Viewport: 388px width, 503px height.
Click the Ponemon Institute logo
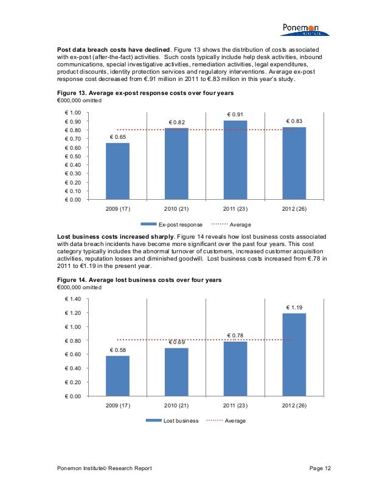click(304, 29)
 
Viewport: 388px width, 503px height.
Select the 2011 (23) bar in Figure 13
click(235, 160)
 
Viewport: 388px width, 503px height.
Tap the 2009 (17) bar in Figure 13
click(117, 171)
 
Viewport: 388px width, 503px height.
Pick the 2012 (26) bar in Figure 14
click(294, 354)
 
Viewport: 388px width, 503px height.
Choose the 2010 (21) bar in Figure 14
click(176, 371)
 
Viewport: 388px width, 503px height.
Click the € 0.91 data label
click(235, 114)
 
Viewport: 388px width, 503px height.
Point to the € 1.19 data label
click(294, 308)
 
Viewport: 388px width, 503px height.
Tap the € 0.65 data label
click(118, 137)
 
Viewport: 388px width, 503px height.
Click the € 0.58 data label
click(118, 350)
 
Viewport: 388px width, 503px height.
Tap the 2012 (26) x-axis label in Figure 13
click(294, 209)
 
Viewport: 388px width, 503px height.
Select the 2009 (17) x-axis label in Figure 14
click(118, 406)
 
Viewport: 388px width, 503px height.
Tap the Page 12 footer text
click(320, 467)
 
